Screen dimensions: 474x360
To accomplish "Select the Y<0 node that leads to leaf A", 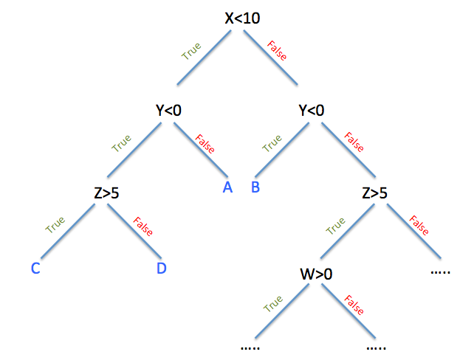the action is click(x=168, y=111).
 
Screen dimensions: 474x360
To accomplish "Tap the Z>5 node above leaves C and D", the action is click(x=106, y=193).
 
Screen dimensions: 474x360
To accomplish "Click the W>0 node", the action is click(x=316, y=274).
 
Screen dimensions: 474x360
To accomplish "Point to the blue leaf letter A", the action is click(x=228, y=187).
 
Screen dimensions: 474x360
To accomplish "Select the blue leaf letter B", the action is click(x=255, y=187).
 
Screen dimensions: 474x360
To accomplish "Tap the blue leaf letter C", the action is click(x=35, y=268).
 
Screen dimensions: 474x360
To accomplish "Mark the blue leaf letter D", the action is click(x=162, y=268).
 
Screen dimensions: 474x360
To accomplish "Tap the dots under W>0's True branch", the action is click(x=251, y=346).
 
